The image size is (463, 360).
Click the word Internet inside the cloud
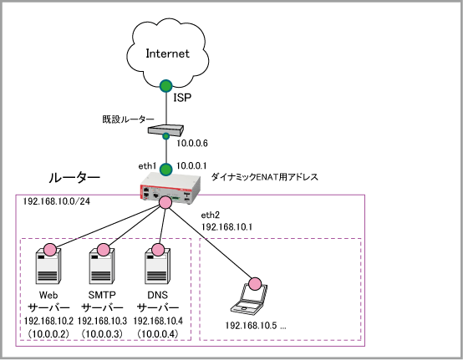[167, 53]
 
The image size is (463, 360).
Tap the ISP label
[182, 98]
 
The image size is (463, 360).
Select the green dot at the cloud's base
[166, 86]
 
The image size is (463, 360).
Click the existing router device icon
[165, 130]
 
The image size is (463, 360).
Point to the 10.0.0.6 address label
[192, 144]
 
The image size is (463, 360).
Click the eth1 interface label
[147, 166]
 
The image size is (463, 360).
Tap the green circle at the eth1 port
[166, 170]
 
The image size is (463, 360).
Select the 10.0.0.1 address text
[191, 166]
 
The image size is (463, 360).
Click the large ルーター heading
[74, 178]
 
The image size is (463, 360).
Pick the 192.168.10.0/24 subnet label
[57, 201]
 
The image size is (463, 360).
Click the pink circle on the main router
[165, 202]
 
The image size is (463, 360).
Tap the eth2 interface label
[211, 215]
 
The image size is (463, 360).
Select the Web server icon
[48, 266]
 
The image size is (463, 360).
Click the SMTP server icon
[102, 266]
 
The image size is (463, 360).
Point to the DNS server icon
[158, 266]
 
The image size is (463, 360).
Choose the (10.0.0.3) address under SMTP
[102, 334]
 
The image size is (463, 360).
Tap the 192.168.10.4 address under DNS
[158, 321]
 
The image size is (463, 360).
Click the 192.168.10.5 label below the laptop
[251, 326]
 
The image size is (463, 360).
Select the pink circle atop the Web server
[49, 250]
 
